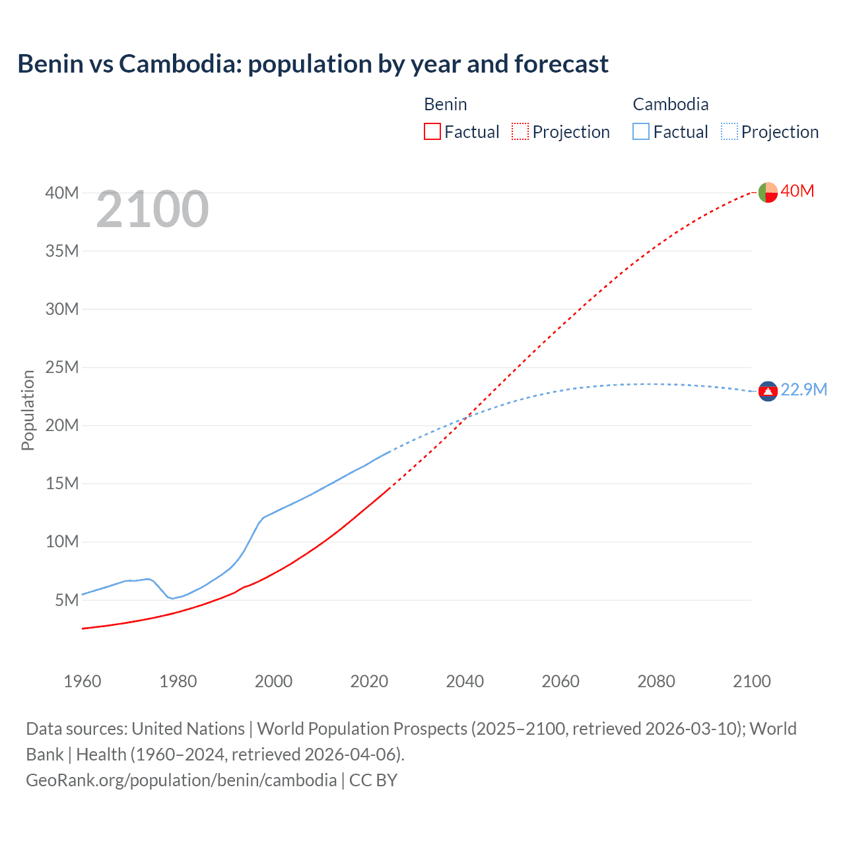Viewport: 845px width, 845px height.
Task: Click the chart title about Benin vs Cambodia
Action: point(313,64)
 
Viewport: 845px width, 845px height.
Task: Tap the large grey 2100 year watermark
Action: point(152,209)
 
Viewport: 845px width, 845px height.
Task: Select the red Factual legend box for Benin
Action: point(432,131)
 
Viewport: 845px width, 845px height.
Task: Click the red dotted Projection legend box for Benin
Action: point(520,131)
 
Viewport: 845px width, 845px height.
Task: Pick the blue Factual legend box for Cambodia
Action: point(641,131)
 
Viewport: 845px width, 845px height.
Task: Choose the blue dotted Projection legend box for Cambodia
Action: point(729,131)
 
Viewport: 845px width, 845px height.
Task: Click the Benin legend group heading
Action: point(445,104)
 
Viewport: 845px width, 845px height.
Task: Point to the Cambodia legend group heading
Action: point(670,104)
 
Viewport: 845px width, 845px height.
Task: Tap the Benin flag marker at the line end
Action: point(768,192)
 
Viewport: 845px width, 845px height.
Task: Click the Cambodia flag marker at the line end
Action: point(768,391)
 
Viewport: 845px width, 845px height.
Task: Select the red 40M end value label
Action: point(797,191)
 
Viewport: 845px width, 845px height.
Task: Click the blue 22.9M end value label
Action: point(803,390)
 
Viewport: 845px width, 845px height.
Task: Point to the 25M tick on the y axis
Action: point(62,367)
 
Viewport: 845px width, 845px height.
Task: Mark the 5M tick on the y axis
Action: point(67,600)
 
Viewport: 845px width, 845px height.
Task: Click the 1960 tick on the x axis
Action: point(83,681)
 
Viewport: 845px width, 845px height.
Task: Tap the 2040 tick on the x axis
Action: point(465,681)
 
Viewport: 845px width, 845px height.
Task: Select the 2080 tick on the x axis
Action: point(656,681)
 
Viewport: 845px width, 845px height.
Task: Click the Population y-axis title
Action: point(28,410)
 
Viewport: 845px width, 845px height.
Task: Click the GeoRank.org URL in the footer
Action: point(182,780)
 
